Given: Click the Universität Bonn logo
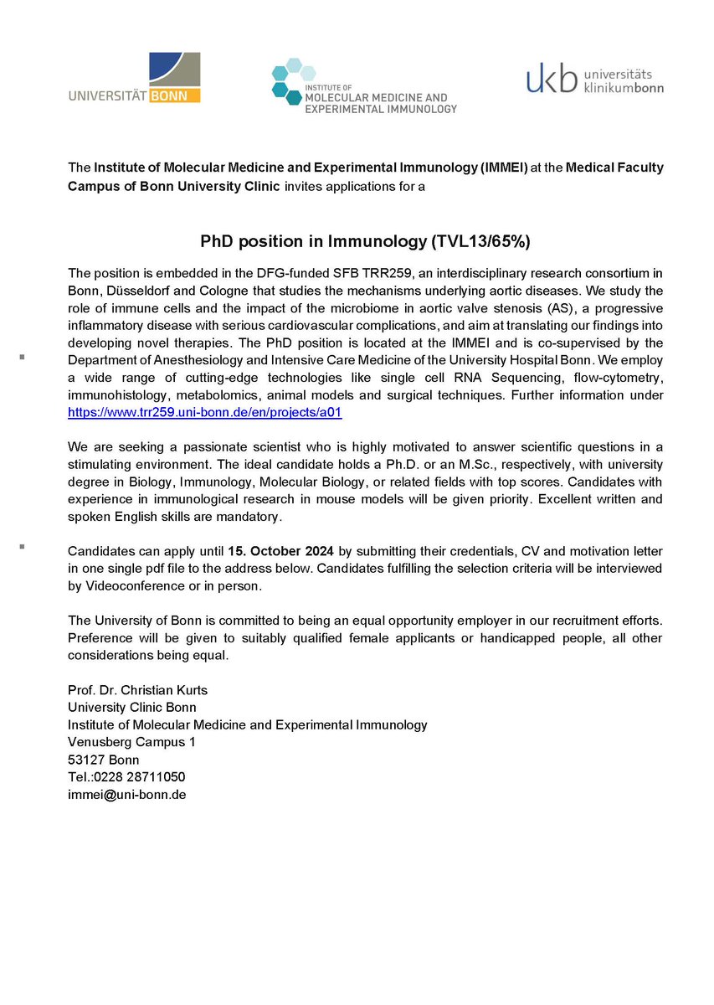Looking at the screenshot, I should (x=135, y=78).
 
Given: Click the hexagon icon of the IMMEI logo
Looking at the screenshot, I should (x=290, y=81).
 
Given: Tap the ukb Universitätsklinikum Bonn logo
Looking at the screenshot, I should (x=594, y=79).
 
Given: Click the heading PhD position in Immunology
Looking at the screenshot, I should (x=365, y=242).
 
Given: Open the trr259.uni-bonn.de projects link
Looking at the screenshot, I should (x=205, y=413).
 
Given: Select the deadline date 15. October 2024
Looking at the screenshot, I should (x=281, y=551).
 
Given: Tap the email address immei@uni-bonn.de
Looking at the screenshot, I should (x=126, y=795).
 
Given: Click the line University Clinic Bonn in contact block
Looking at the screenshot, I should (x=131, y=707).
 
